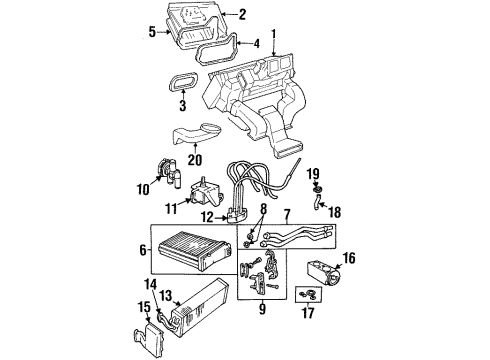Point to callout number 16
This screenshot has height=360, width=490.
349,261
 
